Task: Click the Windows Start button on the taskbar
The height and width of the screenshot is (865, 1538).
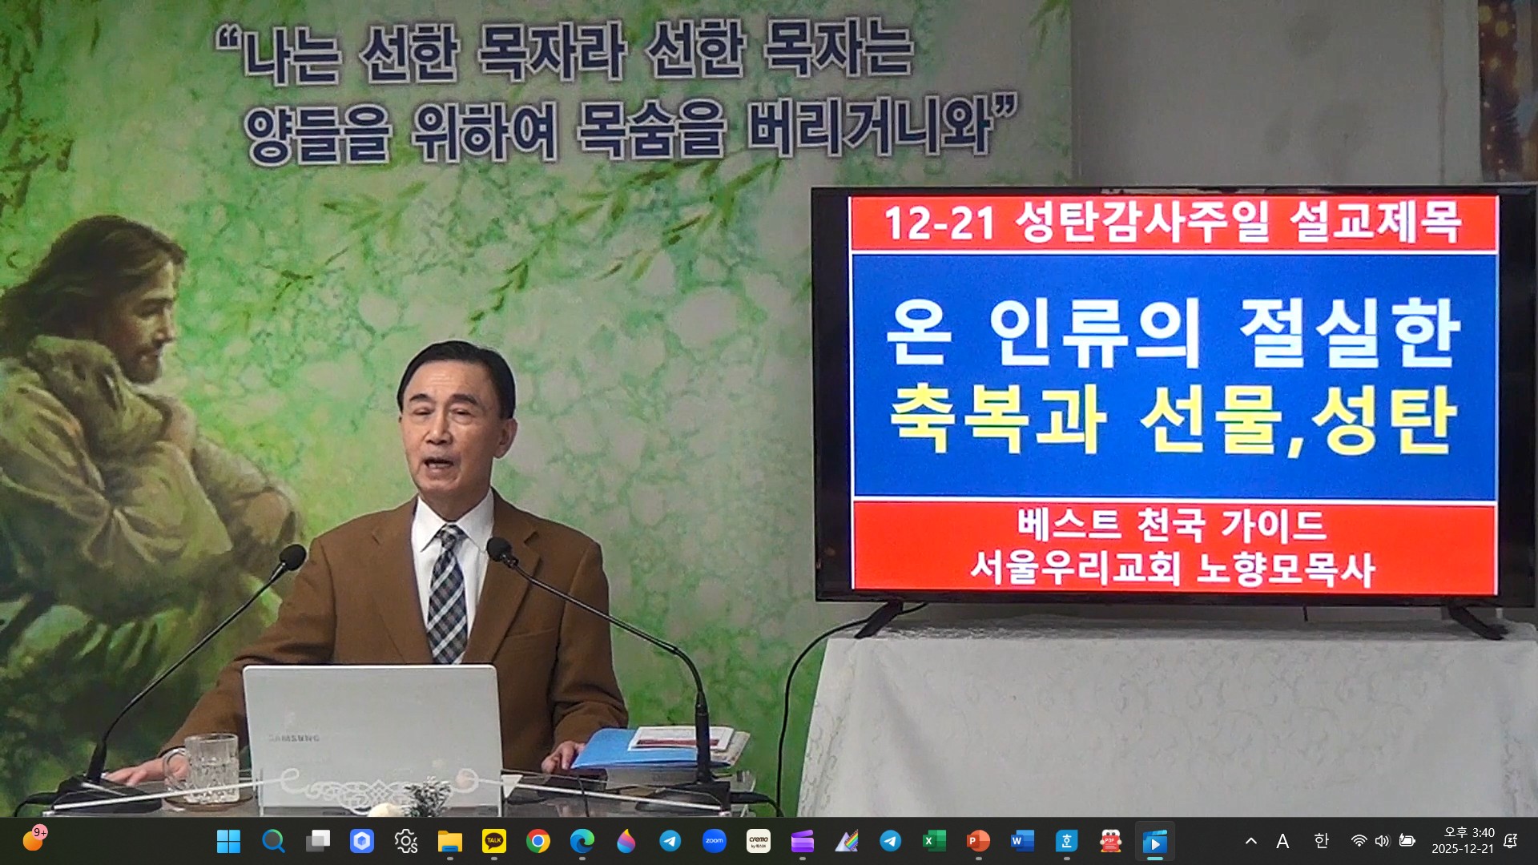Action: tap(228, 841)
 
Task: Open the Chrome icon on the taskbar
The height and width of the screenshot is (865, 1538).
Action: tap(538, 841)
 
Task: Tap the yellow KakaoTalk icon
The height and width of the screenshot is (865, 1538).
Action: tap(494, 841)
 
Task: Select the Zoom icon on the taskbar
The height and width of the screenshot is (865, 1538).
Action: tap(714, 841)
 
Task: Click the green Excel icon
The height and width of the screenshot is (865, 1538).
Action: tap(934, 841)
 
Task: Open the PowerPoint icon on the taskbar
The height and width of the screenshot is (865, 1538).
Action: tap(978, 841)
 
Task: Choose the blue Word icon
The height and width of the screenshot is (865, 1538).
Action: tap(1022, 841)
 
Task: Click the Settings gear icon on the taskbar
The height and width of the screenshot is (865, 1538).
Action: tap(406, 841)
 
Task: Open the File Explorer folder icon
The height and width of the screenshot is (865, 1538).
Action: tap(450, 841)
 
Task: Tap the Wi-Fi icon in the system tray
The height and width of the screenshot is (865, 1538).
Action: tap(1359, 841)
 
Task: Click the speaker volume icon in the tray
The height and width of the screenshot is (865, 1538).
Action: tap(1382, 841)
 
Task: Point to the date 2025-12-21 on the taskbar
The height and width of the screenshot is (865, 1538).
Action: tap(1463, 849)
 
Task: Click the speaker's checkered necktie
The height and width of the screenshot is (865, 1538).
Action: tap(446, 593)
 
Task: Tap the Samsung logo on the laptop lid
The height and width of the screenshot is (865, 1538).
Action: tap(293, 738)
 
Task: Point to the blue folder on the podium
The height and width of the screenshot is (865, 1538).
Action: tap(617, 749)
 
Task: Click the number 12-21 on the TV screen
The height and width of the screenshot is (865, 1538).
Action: tap(939, 223)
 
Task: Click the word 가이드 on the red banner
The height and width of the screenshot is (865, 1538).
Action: tap(1273, 525)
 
